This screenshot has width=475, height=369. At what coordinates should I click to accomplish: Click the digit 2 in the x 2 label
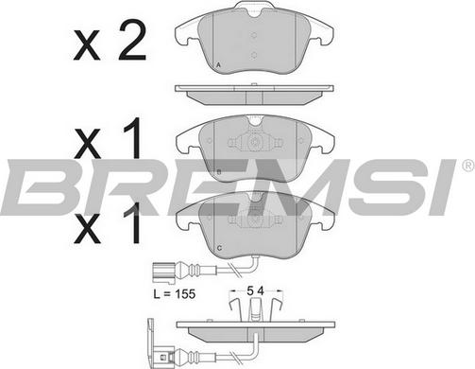pos(132,41)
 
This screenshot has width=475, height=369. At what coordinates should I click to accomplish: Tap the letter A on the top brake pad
pos(219,65)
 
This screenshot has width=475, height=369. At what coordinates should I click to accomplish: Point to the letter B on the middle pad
pos(219,172)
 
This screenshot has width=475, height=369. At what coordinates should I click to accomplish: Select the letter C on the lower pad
pos(219,248)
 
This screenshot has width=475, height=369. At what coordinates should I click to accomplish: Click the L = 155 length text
pos(175,294)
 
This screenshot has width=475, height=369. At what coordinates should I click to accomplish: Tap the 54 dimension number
pos(255,291)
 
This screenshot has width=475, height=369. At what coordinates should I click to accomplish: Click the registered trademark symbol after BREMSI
pos(468,166)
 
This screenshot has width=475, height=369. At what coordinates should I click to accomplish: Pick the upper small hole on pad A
pos(254,35)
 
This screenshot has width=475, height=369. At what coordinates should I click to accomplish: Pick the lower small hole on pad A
pos(254,56)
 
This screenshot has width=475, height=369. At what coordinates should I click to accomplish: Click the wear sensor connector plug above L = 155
pos(163,271)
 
